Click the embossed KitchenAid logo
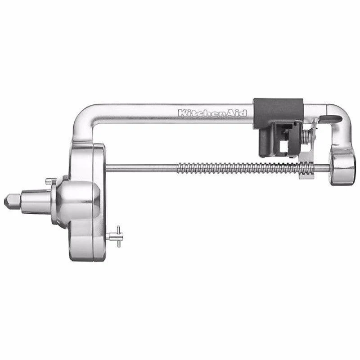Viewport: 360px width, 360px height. click(212, 113)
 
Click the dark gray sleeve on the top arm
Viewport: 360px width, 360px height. click(278, 113)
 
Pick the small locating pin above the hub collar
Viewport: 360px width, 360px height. click(49, 181)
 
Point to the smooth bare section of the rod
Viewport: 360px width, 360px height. click(142, 168)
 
